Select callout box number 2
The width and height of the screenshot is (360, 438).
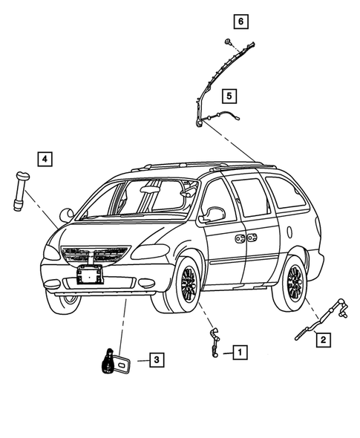(x=323, y=340)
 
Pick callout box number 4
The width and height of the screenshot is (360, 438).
(x=45, y=158)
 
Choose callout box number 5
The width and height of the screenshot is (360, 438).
(x=229, y=95)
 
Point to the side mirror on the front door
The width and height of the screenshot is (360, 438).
(x=215, y=214)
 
